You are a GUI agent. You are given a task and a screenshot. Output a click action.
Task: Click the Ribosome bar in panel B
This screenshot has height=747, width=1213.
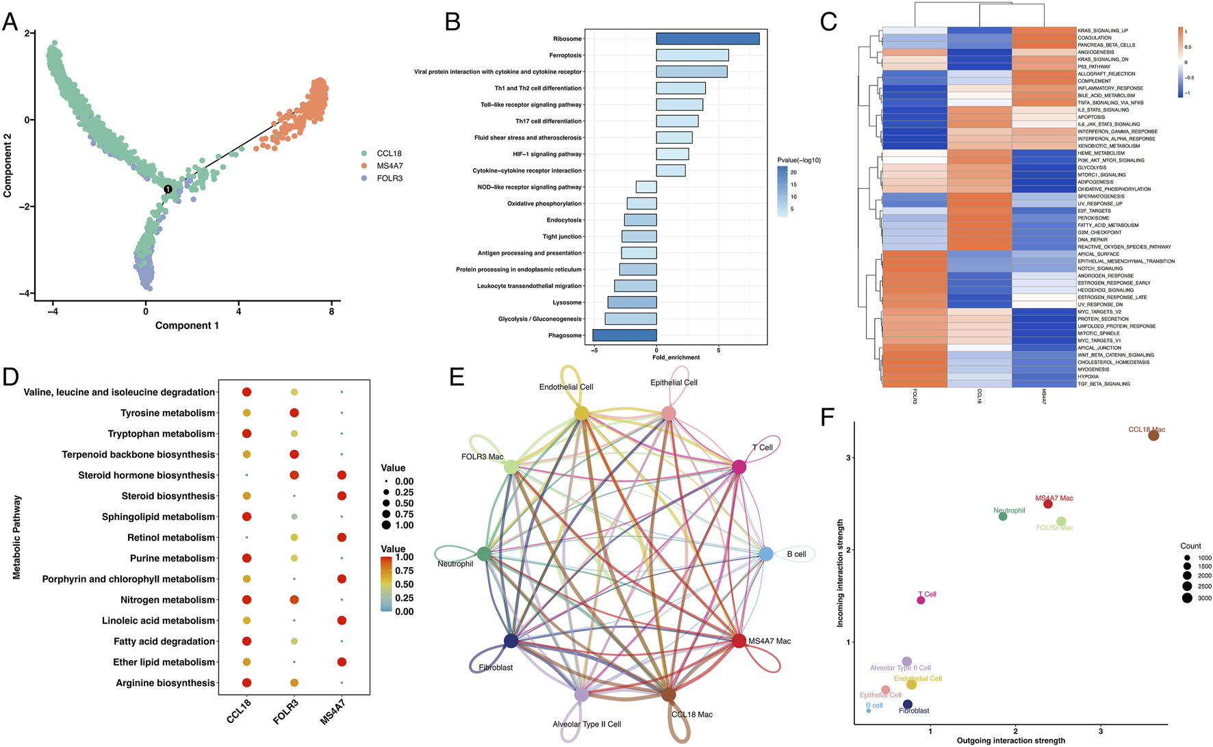707,39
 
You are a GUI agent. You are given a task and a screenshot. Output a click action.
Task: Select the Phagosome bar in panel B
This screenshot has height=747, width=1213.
624,335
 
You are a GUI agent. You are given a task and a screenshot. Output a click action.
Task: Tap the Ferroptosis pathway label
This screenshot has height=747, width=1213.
565,55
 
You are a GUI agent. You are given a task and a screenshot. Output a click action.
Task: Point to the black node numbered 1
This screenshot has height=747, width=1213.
168,189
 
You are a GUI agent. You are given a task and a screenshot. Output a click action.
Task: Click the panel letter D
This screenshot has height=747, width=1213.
10,378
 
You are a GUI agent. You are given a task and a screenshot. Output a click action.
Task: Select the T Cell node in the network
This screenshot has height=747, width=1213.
739,467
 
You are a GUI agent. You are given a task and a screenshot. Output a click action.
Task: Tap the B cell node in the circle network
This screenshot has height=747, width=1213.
766,554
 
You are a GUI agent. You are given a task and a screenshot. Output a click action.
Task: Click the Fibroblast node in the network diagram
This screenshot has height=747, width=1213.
511,641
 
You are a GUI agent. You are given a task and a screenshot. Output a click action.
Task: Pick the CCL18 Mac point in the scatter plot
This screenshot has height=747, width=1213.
1153,435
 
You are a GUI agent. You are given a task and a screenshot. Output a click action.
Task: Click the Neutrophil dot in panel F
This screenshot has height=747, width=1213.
1003,516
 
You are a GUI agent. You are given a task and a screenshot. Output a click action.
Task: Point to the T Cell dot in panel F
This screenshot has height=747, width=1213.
921,600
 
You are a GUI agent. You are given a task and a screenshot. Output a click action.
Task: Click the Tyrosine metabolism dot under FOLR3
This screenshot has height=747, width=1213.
294,413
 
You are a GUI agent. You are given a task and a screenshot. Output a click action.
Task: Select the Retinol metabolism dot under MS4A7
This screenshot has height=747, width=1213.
342,538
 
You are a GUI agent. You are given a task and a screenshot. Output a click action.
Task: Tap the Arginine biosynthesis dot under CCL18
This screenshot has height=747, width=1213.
246,683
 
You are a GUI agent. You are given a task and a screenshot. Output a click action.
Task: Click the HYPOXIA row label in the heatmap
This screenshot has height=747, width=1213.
1088,377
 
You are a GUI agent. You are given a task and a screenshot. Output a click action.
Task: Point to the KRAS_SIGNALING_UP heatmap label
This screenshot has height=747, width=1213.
1103,31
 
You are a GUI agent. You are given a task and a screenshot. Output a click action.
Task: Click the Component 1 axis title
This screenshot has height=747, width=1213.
187,326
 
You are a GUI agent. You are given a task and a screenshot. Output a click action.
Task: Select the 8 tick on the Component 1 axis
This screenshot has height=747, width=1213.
331,312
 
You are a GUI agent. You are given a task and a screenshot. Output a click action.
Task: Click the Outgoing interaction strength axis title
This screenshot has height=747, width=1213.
1010,741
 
